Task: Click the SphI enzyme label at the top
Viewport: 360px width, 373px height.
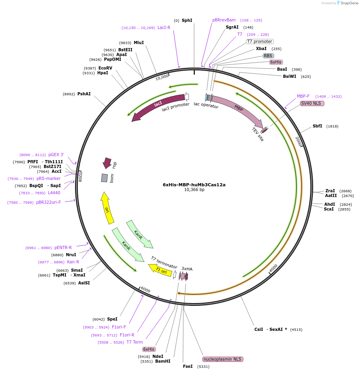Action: pyautogui.click(x=187, y=20)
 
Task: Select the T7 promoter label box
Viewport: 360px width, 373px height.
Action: pyautogui.click(x=260, y=41)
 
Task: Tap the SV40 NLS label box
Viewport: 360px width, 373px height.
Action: pyautogui.click(x=312, y=103)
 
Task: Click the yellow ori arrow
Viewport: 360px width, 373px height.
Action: pyautogui.click(x=107, y=209)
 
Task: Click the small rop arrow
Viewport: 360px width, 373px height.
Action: pyautogui.click(x=107, y=162)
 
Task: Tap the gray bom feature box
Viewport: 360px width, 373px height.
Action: pyautogui.click(x=104, y=178)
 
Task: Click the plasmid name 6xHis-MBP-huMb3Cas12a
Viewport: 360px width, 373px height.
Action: pyautogui.click(x=194, y=185)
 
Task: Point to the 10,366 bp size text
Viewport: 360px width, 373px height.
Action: pyautogui.click(x=194, y=190)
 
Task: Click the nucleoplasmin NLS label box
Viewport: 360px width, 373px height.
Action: pyautogui.click(x=222, y=359)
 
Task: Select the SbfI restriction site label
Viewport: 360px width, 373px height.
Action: pyautogui.click(x=317, y=126)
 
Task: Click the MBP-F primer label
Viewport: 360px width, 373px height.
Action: pyautogui.click(x=303, y=96)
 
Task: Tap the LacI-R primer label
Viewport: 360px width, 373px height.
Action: pyautogui.click(x=164, y=28)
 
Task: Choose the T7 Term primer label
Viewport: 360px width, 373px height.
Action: pyautogui.click(x=135, y=342)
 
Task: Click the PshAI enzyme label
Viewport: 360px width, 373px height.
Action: pyautogui.click(x=84, y=94)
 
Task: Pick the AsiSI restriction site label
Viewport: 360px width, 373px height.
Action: pyautogui.click(x=84, y=283)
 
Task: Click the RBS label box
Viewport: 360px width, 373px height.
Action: pyautogui.click(x=268, y=56)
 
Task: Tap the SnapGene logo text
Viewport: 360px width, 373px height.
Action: pyautogui.click(x=349, y=3)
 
